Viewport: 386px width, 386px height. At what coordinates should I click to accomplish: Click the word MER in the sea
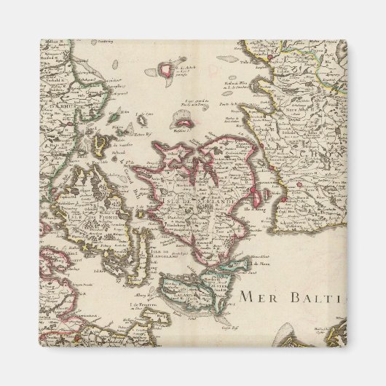(258, 298)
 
